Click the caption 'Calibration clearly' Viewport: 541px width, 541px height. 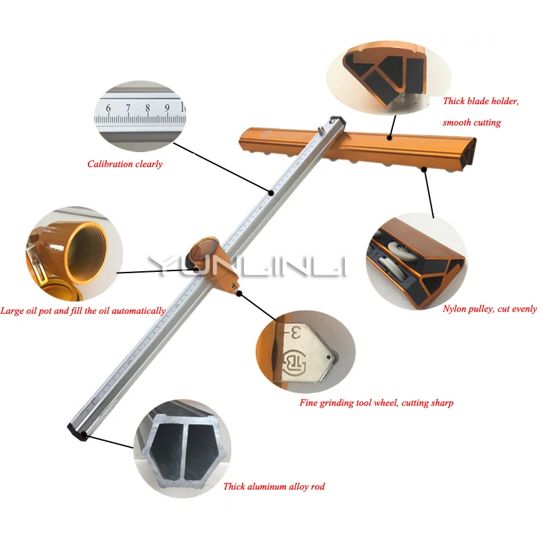125,164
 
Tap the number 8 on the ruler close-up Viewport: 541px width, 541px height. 147,108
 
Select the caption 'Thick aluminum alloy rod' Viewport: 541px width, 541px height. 274,486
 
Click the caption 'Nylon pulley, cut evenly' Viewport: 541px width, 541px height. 490,309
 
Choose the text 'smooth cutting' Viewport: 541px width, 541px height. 471,122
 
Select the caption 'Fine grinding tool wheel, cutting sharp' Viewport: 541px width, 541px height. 376,403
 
